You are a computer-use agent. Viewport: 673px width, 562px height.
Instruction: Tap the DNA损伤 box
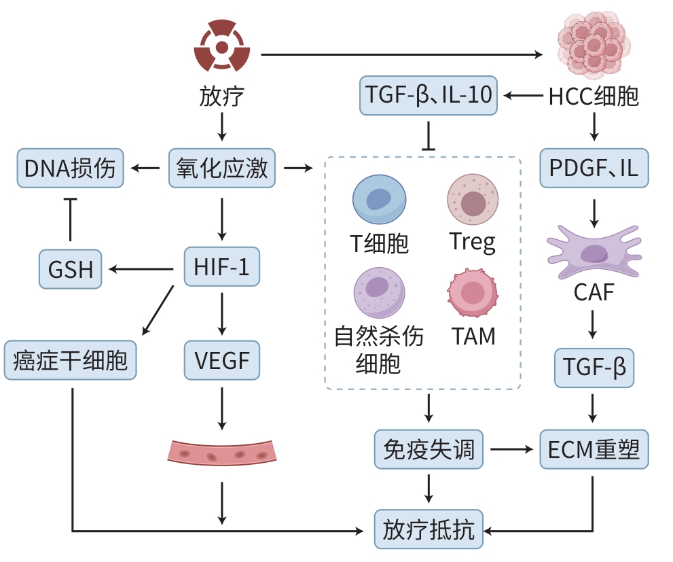pyautogui.click(x=71, y=168)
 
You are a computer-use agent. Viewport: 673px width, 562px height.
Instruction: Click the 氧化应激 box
pyautogui.click(x=222, y=167)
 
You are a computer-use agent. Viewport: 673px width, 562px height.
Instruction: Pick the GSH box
pyautogui.click(x=71, y=269)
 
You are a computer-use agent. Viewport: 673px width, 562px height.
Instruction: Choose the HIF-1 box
pyautogui.click(x=222, y=267)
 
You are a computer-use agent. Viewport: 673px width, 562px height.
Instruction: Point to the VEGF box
pyautogui.click(x=222, y=360)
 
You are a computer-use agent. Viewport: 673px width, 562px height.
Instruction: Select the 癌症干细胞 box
pyautogui.click(x=71, y=360)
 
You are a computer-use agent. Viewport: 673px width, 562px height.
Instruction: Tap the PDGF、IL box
pyautogui.click(x=594, y=168)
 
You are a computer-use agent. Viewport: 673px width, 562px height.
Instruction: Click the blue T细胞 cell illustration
pyautogui.click(x=379, y=198)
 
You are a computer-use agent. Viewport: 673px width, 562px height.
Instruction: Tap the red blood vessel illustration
pyautogui.click(x=222, y=451)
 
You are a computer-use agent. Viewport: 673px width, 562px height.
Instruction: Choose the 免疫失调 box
pyautogui.click(x=429, y=449)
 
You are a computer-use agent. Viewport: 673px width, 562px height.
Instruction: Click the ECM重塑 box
pyautogui.click(x=594, y=449)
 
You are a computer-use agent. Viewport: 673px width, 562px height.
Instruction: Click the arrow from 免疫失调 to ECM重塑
pyautogui.click(x=511, y=449)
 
